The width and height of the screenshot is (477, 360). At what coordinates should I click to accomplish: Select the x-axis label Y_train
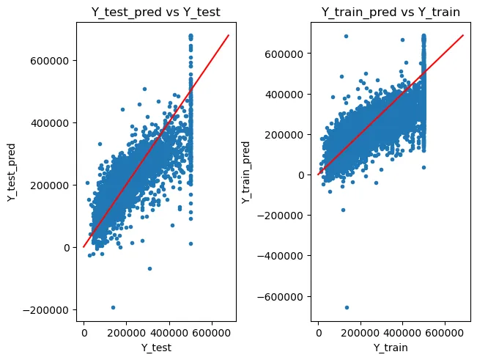tap(391, 348)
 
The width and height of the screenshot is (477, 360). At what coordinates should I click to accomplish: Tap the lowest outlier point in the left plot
tap(113, 307)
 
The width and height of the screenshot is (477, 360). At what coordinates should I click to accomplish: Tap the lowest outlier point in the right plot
tap(347, 307)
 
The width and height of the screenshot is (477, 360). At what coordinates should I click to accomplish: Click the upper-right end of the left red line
tap(229, 34)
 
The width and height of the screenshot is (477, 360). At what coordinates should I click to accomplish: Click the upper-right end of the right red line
tap(464, 34)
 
